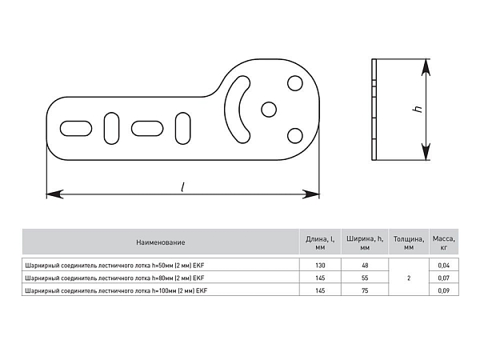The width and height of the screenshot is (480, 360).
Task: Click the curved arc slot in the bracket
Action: point(231,110)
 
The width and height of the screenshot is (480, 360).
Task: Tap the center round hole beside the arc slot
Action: point(269,110)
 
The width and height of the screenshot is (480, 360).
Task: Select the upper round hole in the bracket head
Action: point(295,83)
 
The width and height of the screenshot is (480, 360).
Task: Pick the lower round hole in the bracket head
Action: point(295,136)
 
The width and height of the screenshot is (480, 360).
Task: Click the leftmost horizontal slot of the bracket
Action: point(76,129)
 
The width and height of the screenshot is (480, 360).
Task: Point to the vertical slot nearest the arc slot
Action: point(182,128)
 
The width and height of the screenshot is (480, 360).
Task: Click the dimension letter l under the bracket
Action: point(182,187)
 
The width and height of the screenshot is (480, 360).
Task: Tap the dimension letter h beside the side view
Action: point(418,109)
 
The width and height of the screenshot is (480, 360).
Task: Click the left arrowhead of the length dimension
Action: point(54,194)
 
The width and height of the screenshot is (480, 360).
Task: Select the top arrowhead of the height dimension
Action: point(426,67)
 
